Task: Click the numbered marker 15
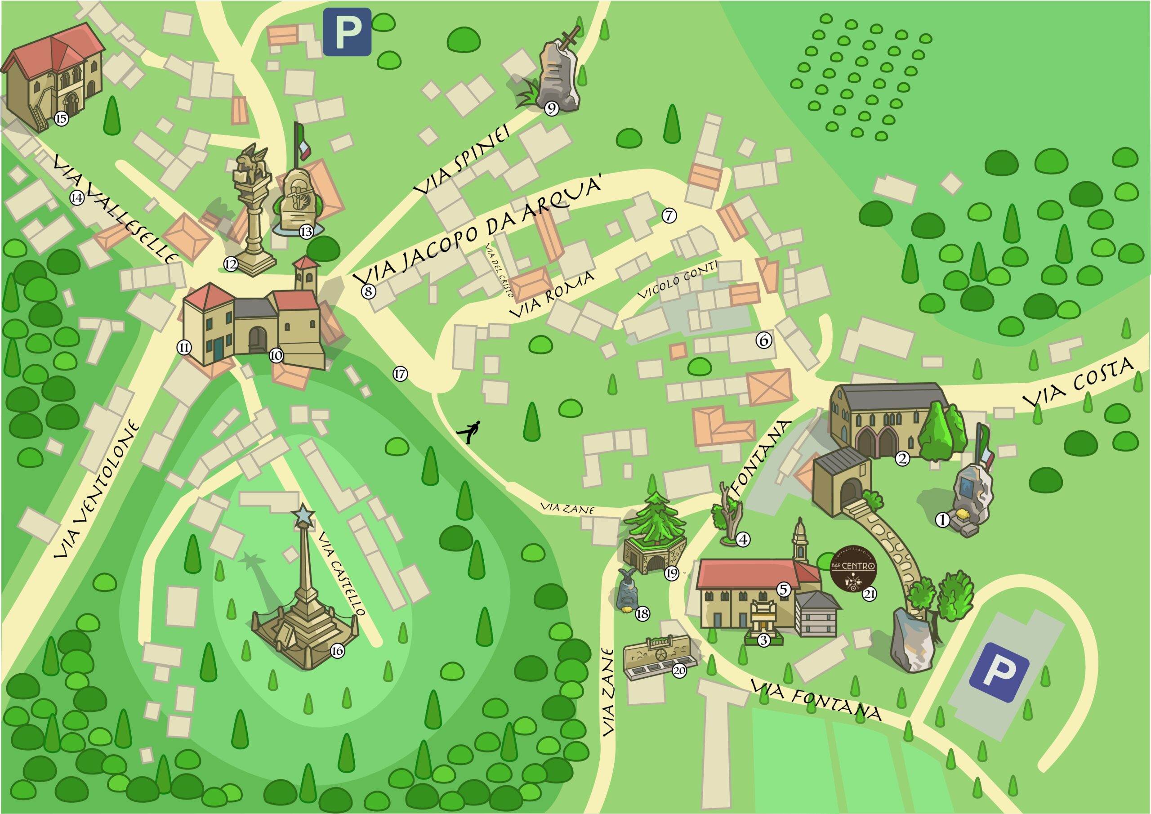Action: point(61,119)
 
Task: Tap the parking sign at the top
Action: point(347,32)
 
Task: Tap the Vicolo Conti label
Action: point(677,280)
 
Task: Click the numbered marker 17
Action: point(400,374)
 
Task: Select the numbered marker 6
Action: point(764,340)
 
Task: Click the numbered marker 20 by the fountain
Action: point(679,671)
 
